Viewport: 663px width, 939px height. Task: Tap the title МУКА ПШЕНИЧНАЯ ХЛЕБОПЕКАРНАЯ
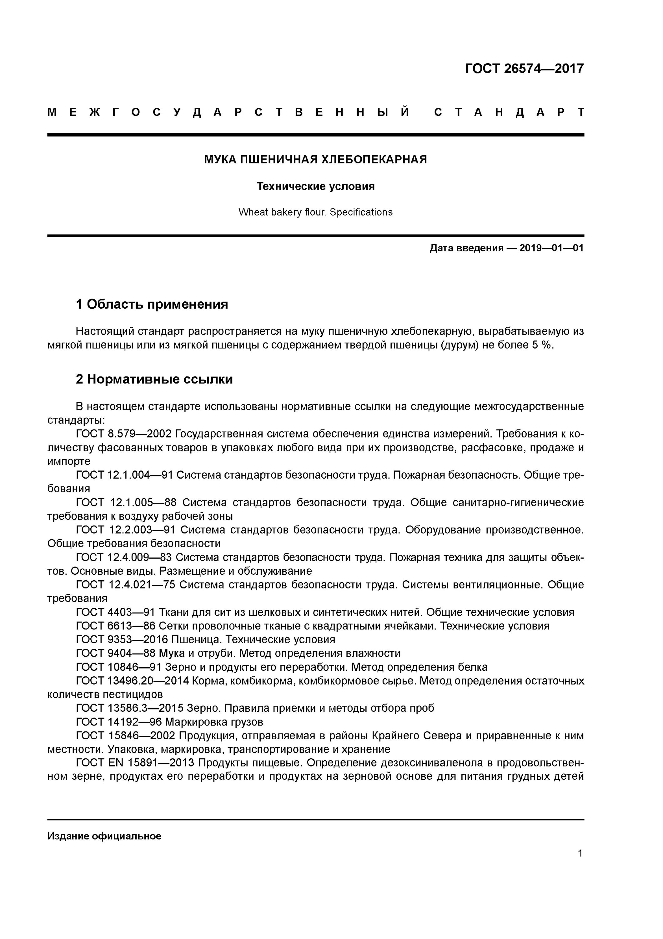[315, 160]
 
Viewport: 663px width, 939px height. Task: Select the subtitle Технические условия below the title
[315, 187]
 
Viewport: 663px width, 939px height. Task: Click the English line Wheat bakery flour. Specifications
[315, 212]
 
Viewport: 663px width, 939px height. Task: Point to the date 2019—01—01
[551, 248]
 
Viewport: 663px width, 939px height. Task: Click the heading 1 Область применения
[152, 304]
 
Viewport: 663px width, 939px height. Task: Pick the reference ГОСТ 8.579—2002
[125, 434]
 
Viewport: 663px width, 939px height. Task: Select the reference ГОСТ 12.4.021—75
[125, 585]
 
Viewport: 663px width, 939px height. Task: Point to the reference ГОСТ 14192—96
[118, 722]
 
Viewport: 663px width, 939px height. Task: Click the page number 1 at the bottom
[580, 854]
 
